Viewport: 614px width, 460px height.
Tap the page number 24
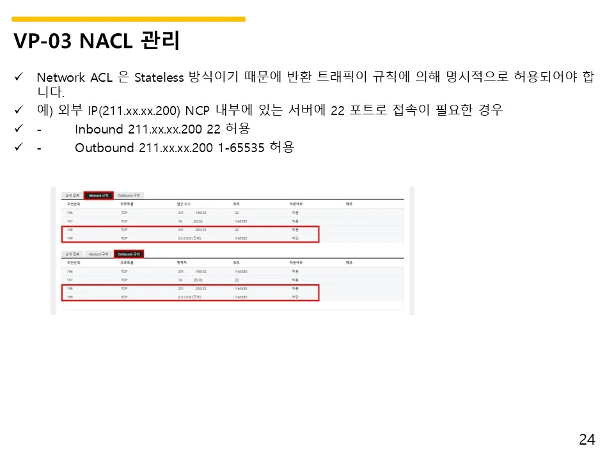pyautogui.click(x=586, y=440)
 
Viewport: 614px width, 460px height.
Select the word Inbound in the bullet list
pyautogui.click(x=98, y=129)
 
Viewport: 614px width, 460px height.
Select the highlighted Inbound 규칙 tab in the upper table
pyautogui.click(x=98, y=195)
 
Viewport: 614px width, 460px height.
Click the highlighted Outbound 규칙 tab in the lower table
pyautogui.click(x=129, y=254)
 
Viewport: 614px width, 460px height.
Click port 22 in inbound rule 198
pyautogui.click(x=237, y=229)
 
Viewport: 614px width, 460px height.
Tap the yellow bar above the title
pyautogui.click(x=128, y=19)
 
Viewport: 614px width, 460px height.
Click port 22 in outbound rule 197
pyautogui.click(x=237, y=280)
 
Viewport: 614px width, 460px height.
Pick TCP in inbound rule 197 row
pyautogui.click(x=124, y=220)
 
